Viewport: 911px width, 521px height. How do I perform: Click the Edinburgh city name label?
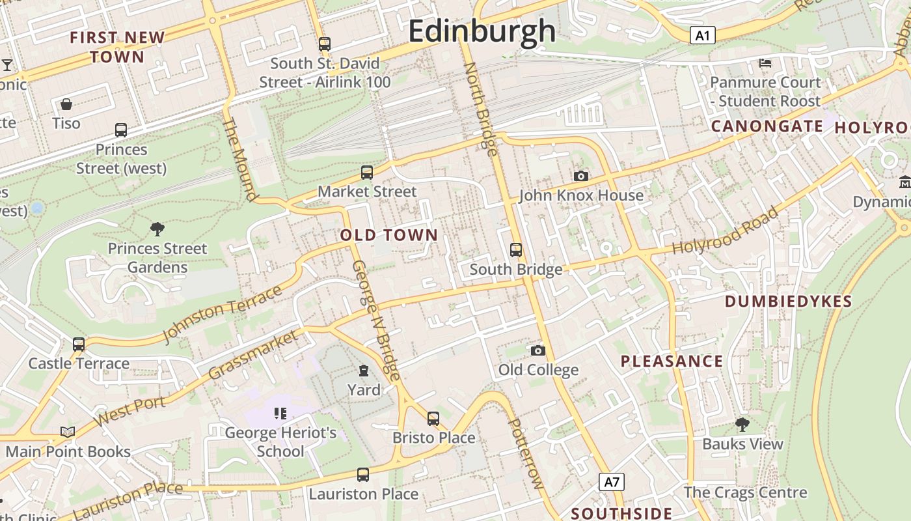[x=482, y=31]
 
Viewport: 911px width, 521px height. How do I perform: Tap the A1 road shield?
[x=702, y=35]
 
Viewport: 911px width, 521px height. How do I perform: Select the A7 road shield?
[x=611, y=482]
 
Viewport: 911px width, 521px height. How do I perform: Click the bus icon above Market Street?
[x=367, y=173]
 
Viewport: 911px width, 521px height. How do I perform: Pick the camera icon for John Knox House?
[x=581, y=176]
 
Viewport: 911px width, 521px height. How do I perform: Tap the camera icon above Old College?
[x=538, y=351]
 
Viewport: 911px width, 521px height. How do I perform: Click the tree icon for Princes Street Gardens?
[x=157, y=229]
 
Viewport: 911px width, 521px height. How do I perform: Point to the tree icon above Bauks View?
[x=742, y=425]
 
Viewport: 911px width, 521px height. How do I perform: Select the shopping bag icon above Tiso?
[x=66, y=104]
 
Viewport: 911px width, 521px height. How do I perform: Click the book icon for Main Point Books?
[x=68, y=432]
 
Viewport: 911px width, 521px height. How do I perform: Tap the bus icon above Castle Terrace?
[x=79, y=344]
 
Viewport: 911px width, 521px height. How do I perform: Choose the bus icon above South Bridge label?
[x=516, y=250]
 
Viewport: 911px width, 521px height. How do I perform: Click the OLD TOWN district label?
[x=389, y=235]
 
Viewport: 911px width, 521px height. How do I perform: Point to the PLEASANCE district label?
[x=672, y=361]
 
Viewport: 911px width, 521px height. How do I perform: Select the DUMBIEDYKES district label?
[x=788, y=302]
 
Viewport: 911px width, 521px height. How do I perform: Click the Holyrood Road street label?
[x=725, y=231]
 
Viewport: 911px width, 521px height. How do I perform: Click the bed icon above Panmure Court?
[x=765, y=63]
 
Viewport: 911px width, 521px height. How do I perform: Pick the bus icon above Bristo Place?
[x=433, y=418]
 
